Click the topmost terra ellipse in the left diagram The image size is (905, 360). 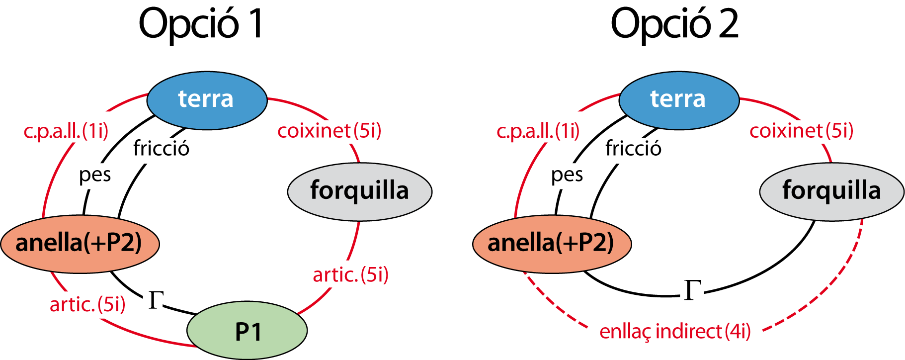[x=207, y=100]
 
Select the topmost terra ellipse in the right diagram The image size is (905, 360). [x=679, y=100]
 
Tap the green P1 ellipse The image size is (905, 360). [x=247, y=331]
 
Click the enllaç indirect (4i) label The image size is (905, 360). [x=675, y=332]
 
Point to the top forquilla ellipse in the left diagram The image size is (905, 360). [x=359, y=191]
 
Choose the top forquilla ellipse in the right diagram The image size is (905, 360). [x=831, y=191]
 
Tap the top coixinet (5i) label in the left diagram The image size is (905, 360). [x=329, y=131]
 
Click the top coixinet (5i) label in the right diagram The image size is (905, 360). [x=801, y=131]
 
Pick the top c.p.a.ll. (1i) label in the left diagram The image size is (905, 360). [x=67, y=131]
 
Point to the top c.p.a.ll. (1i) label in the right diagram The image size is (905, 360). [x=539, y=131]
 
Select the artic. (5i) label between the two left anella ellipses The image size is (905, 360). [x=86, y=304]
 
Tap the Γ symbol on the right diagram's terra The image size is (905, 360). [x=692, y=290]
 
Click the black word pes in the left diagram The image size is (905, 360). [x=96, y=176]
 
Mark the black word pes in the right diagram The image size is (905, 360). [x=569, y=176]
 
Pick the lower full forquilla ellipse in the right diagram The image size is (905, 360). [x=831, y=280]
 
